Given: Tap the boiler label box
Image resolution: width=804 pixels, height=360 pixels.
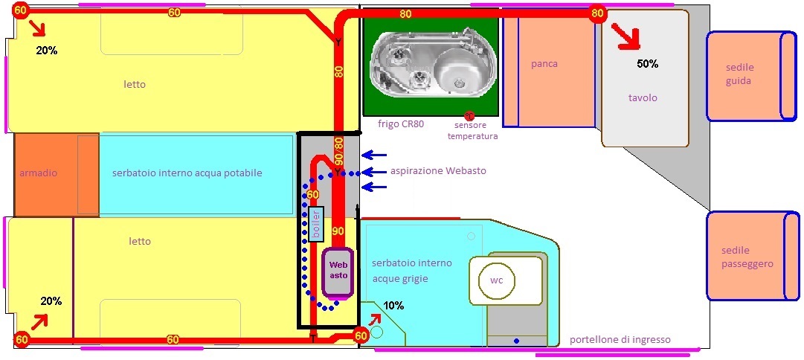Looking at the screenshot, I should pyautogui.click(x=315, y=224).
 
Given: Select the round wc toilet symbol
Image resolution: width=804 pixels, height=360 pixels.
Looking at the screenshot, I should pyautogui.click(x=496, y=280).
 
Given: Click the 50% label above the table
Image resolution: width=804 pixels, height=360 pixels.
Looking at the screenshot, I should pyautogui.click(x=647, y=64).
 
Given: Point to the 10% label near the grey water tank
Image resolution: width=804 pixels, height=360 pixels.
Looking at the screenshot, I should pyautogui.click(x=393, y=306).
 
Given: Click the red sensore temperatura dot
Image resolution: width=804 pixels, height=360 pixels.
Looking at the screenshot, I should pyautogui.click(x=469, y=116).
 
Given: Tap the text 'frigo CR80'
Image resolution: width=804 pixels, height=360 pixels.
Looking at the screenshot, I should pyautogui.click(x=401, y=124).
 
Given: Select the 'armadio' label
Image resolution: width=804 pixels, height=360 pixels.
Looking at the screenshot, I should pyautogui.click(x=38, y=173).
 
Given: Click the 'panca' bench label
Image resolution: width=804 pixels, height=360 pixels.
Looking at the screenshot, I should pyautogui.click(x=544, y=64).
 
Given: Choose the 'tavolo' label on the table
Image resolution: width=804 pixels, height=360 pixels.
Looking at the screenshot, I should pyautogui.click(x=643, y=97).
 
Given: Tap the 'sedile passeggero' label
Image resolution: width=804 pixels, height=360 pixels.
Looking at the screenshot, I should pyautogui.click(x=747, y=257).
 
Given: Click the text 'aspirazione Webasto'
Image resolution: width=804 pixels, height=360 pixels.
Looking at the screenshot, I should pyautogui.click(x=438, y=171).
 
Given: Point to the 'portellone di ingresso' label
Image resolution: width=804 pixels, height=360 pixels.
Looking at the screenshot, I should pyautogui.click(x=620, y=340).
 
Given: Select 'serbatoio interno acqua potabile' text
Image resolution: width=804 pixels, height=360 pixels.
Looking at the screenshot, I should pyautogui.click(x=187, y=173).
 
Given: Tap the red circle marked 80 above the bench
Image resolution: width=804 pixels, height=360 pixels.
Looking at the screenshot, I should pyautogui.click(x=596, y=13).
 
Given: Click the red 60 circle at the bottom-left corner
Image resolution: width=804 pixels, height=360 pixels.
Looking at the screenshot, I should pyautogui.click(x=22, y=339).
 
